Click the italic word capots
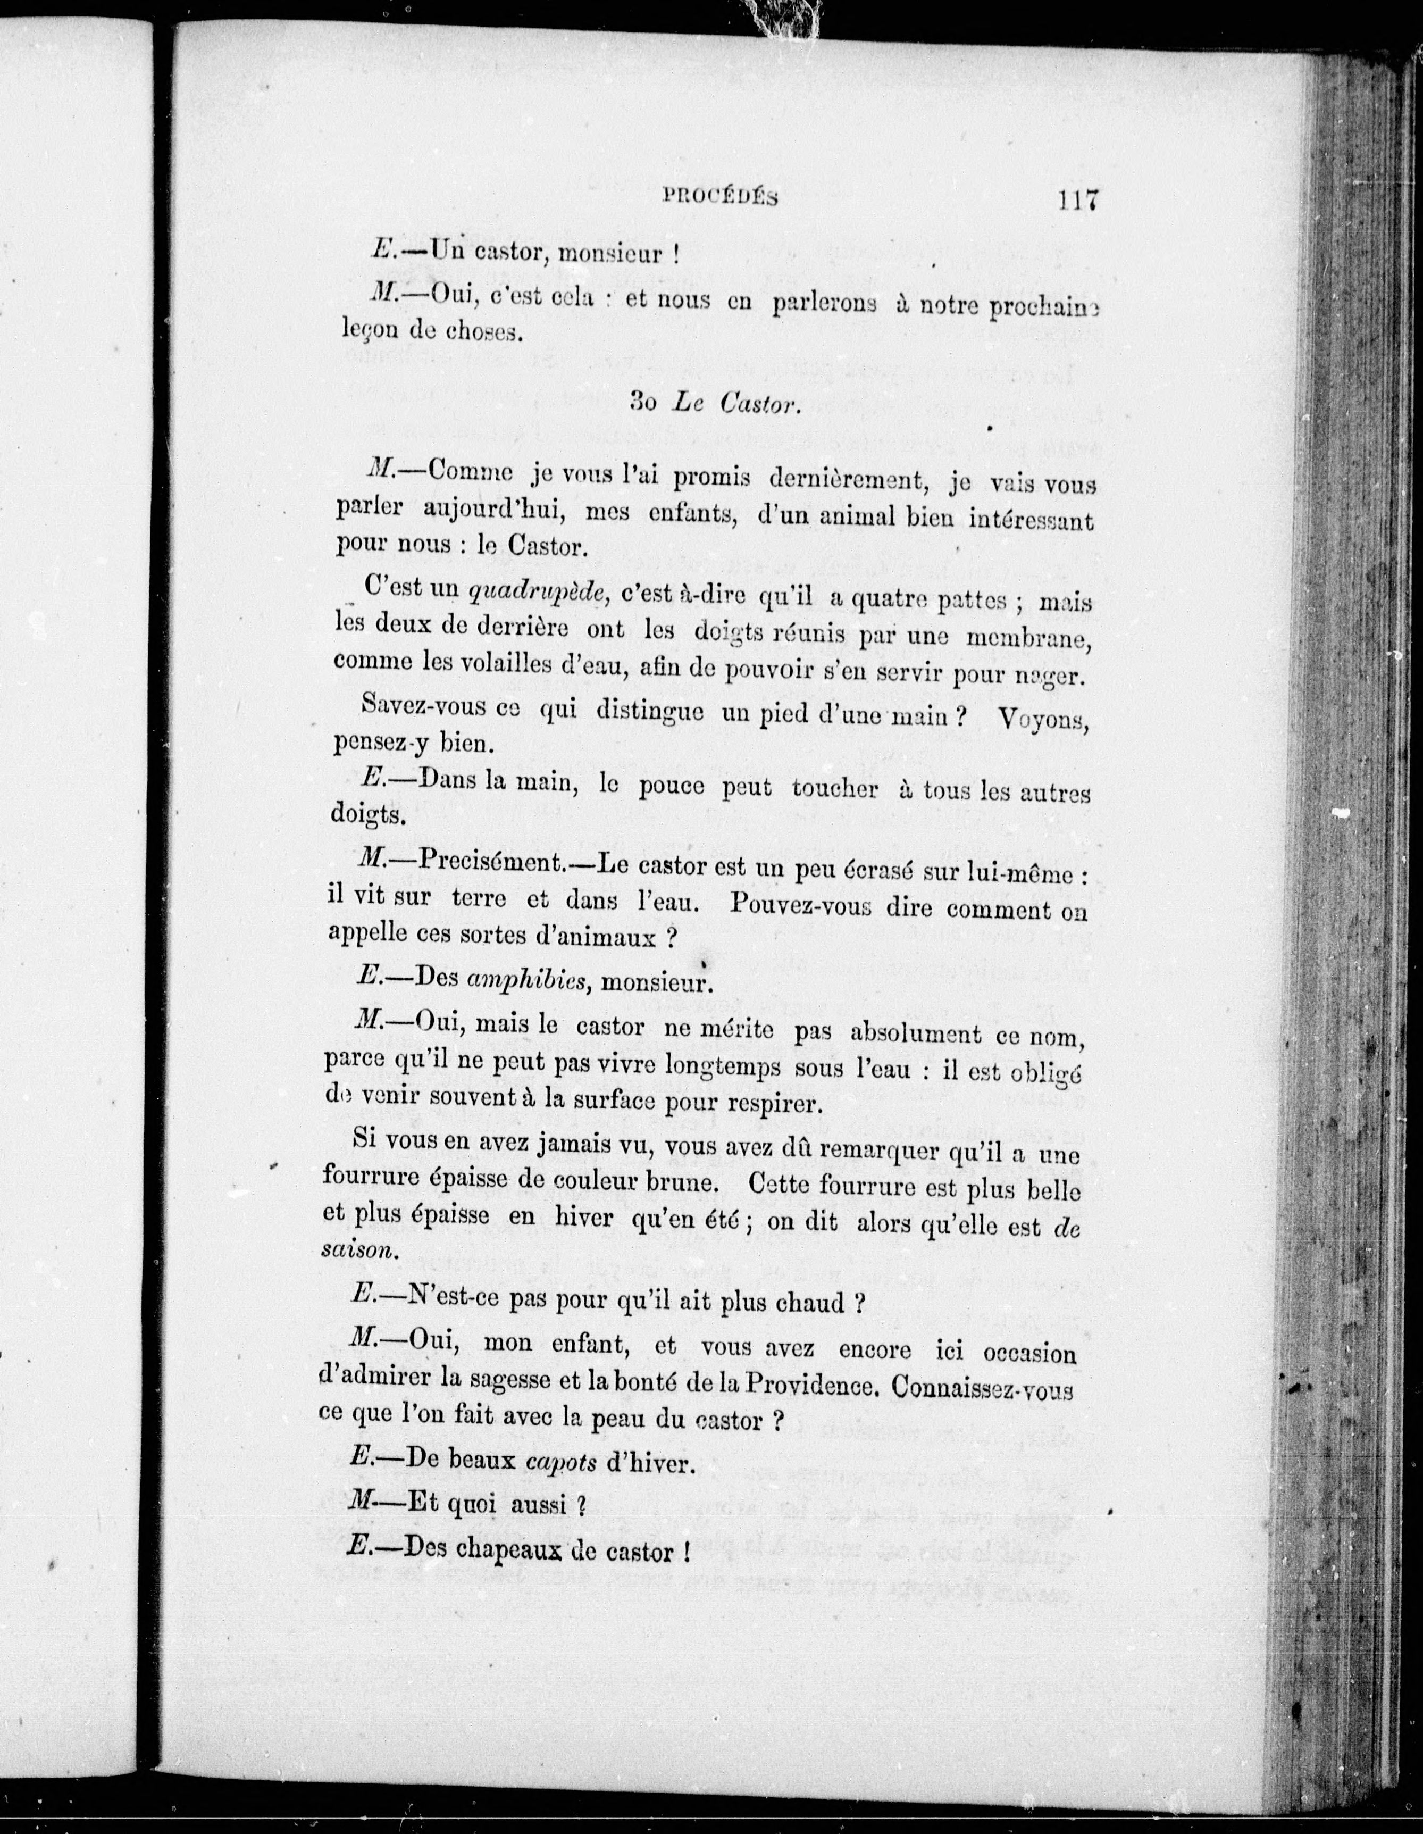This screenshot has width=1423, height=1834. coord(561,1462)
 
